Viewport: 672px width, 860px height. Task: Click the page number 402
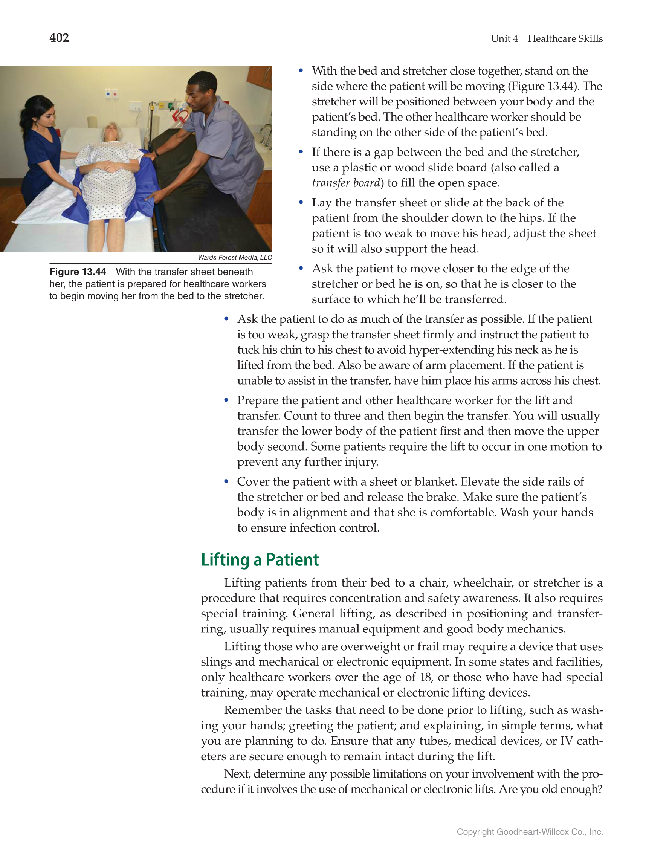point(59,38)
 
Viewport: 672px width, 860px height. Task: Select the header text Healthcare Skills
point(565,38)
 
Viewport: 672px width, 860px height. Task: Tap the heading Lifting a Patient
point(260,559)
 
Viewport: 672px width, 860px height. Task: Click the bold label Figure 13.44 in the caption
point(78,272)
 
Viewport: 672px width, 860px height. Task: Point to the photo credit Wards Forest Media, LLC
point(235,258)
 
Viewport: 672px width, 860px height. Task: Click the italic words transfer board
point(346,183)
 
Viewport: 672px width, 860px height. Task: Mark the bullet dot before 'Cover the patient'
point(226,481)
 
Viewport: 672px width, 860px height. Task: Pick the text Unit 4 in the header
point(504,38)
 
